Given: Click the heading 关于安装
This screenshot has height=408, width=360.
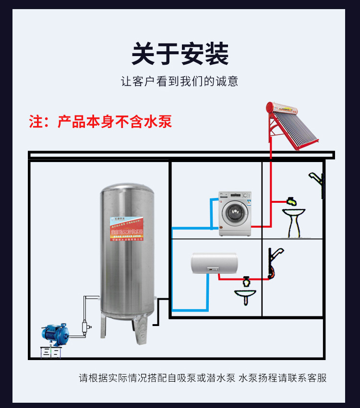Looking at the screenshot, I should pos(180,54).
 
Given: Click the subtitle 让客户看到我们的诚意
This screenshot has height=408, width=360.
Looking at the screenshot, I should pos(180,81).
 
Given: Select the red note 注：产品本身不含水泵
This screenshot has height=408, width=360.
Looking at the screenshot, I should pos(100,121).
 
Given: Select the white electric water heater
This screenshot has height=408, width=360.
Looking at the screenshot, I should pos(214,264).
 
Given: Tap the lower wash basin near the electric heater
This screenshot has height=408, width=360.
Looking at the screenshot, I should pos(246,293).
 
